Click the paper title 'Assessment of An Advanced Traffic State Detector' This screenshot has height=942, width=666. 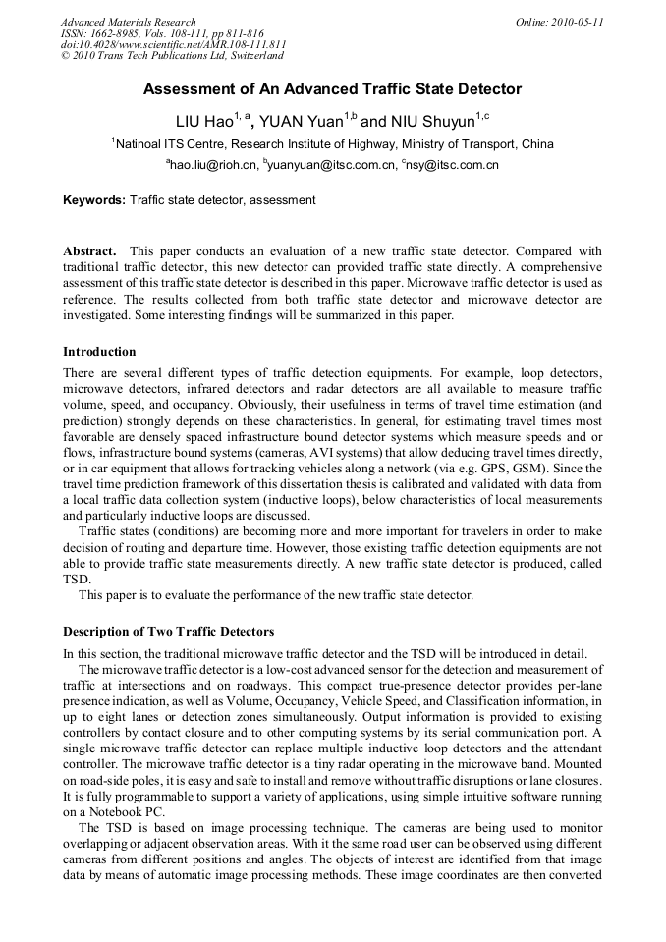332,89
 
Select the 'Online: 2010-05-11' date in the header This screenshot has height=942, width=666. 559,22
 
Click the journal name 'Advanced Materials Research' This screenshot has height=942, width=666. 128,22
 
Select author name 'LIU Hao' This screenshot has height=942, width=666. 204,123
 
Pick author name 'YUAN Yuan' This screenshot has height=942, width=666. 302,123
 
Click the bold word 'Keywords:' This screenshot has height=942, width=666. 94,200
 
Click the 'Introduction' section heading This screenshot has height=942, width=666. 99,352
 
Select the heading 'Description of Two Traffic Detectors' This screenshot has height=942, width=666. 168,631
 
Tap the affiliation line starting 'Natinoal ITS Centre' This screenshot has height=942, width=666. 334,144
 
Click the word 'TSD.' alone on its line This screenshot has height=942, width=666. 77,580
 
